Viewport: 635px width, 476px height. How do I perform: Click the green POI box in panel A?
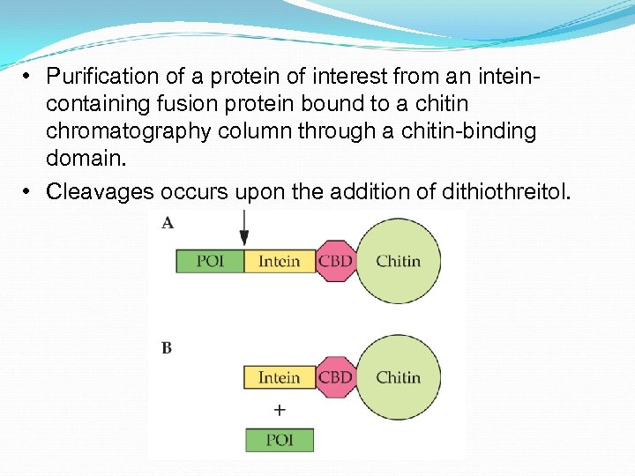pos(210,261)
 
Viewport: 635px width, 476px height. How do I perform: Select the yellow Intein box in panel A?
pos(279,261)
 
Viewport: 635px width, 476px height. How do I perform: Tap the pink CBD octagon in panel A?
pos(335,261)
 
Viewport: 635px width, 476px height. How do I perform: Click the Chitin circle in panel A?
pos(398,261)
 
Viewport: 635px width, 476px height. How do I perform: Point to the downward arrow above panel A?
pos(244,230)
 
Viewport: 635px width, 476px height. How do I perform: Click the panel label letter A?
pos(168,223)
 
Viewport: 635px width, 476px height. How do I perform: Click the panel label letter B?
pos(167,347)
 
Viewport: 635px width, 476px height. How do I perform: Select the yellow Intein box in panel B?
pos(279,377)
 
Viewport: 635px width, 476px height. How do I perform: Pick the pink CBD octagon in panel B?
pos(335,377)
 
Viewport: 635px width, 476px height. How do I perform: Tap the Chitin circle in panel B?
pos(398,377)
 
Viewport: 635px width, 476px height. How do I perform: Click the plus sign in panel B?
pos(280,410)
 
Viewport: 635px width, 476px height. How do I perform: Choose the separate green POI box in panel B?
pos(279,440)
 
